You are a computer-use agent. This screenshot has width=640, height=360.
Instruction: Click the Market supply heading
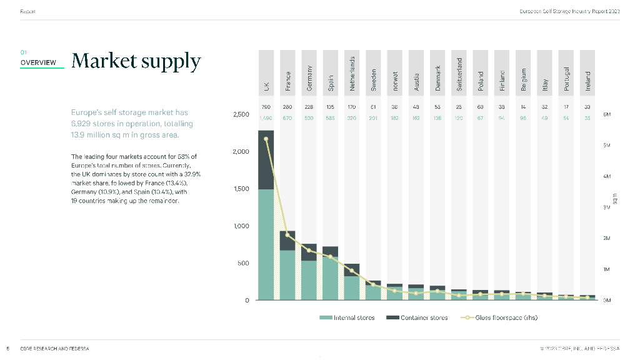click(136, 61)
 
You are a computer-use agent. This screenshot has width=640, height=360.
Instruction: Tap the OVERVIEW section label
click(38, 62)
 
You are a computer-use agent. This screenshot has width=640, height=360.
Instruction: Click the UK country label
click(266, 86)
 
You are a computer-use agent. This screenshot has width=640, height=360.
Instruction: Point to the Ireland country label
click(587, 81)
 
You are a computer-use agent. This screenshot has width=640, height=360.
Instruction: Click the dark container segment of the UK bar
click(266, 159)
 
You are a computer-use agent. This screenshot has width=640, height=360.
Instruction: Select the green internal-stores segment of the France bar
click(287, 275)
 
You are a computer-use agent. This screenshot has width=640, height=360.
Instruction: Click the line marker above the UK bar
click(266, 139)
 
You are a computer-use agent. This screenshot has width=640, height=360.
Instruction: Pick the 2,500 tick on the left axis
click(240, 115)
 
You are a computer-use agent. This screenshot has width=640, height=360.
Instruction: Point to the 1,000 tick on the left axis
click(240, 226)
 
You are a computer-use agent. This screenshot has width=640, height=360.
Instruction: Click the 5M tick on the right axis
click(606, 146)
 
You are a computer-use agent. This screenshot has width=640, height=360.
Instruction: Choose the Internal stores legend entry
click(347, 317)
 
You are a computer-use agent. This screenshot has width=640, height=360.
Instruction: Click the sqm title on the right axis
click(615, 198)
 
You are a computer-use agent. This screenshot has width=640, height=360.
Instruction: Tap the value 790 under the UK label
click(266, 107)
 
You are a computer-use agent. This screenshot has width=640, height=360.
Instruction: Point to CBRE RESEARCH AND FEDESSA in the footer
click(54, 349)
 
